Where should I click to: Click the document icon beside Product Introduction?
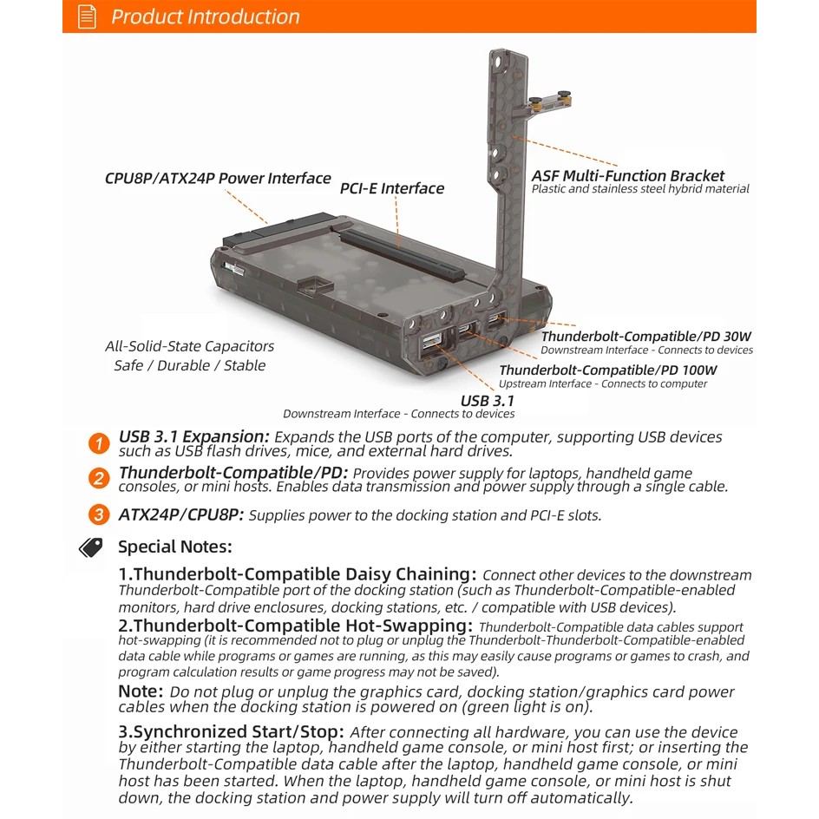87,16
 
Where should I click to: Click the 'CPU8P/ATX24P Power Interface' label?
218,179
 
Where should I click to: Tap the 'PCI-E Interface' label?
391,188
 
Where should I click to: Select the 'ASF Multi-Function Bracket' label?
628,175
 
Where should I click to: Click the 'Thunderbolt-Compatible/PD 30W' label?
646,337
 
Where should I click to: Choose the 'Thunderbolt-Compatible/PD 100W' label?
607,370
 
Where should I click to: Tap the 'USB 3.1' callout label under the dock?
487,400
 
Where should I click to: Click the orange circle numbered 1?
100,443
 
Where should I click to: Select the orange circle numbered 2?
100,479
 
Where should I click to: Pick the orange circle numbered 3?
100,514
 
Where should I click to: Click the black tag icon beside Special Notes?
91,547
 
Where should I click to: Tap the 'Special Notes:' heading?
174,547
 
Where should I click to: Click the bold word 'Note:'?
141,691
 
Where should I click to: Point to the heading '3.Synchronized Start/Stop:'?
232,732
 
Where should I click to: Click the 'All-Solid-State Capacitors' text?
190,346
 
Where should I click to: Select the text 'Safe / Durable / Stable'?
190,365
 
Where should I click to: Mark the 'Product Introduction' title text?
206,16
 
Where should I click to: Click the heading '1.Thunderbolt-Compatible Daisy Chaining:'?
298,574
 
